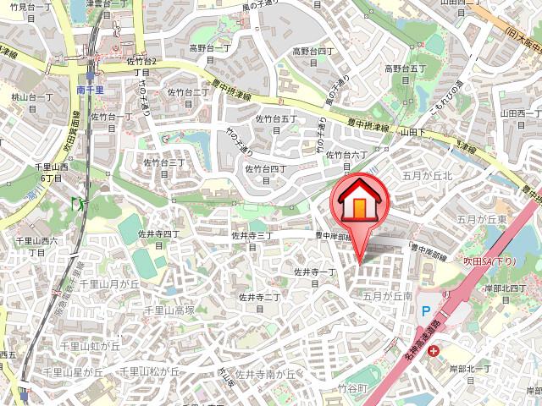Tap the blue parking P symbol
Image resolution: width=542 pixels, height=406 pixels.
(x=426, y=311)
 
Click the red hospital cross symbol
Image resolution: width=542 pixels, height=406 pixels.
(x=434, y=350)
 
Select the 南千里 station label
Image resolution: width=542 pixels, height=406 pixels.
(x=89, y=88)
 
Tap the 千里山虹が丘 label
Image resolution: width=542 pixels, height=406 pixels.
(x=89, y=346)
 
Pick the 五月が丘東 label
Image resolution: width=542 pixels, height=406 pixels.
(x=482, y=220)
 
